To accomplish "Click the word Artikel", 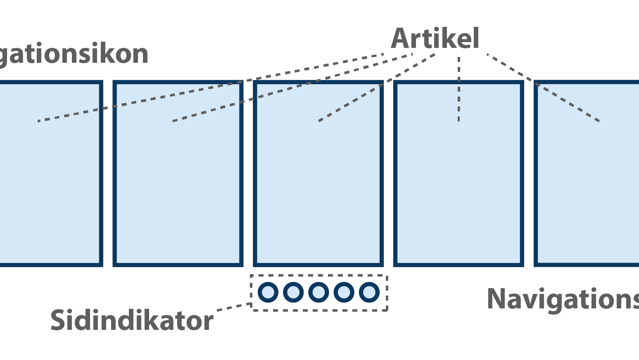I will (x=435, y=39).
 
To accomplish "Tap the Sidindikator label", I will (x=132, y=321).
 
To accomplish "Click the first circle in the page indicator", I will (x=268, y=292).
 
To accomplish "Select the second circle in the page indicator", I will (x=293, y=292).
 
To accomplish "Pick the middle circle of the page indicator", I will (x=318, y=292).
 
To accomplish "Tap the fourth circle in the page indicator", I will (x=344, y=292).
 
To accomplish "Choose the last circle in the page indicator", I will (x=369, y=292).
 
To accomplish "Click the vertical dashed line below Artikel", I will (x=458, y=89).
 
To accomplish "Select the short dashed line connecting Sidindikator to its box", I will (x=234, y=306).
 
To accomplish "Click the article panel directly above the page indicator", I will (x=318, y=186).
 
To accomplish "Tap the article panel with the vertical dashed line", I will (x=458, y=186).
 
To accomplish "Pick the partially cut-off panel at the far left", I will (x=50, y=186).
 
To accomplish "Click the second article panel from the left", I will (x=178, y=186).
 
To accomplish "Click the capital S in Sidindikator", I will (x=58, y=321).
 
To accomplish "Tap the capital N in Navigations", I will (x=497, y=299).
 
